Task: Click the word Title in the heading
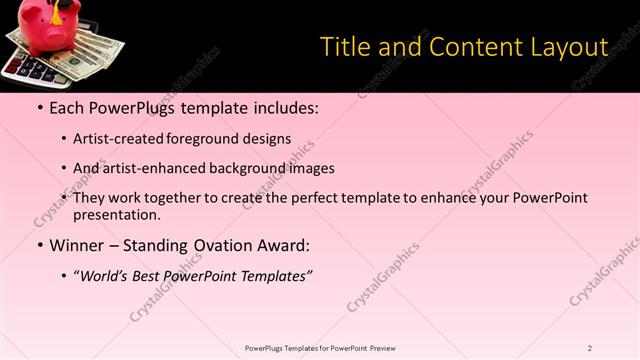point(343,47)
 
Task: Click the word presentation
point(116,214)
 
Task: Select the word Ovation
point(226,245)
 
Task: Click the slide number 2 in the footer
point(590,348)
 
